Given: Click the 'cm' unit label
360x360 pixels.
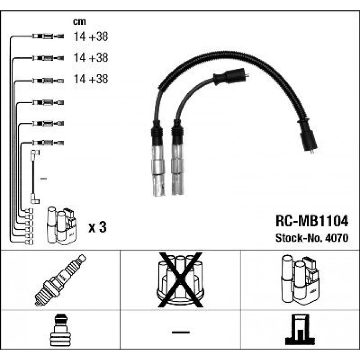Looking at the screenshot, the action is pyautogui.click(x=79, y=22).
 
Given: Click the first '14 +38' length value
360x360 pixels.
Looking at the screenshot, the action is pyautogui.click(x=91, y=36).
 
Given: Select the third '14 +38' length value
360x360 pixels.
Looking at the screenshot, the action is pyautogui.click(x=91, y=79).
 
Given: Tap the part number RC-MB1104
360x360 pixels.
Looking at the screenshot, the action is pyautogui.click(x=312, y=221).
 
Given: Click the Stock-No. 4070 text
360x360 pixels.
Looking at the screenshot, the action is pyautogui.click(x=312, y=238).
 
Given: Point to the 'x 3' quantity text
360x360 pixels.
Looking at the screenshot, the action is pyautogui.click(x=97, y=227).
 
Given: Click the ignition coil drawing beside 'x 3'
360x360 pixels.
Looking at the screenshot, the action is pyautogui.click(x=62, y=226).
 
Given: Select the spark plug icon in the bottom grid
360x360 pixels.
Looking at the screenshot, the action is pyautogui.click(x=60, y=280).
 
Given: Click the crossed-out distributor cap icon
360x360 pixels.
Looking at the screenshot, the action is pyautogui.click(x=180, y=280).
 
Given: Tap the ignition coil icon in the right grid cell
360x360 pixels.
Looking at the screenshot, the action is pyautogui.click(x=300, y=280).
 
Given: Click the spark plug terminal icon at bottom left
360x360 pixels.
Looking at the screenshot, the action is pyautogui.click(x=61, y=330).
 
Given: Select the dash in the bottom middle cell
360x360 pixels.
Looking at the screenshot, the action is pyautogui.click(x=181, y=332).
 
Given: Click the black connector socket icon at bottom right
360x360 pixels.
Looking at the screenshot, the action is pyautogui.click(x=300, y=330).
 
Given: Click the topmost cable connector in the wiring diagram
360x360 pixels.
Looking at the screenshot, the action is pyautogui.click(x=48, y=36).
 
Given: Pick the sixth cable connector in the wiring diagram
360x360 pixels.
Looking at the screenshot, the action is pyautogui.click(x=48, y=143).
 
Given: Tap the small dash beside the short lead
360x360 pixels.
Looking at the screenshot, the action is pyautogui.click(x=43, y=178).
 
